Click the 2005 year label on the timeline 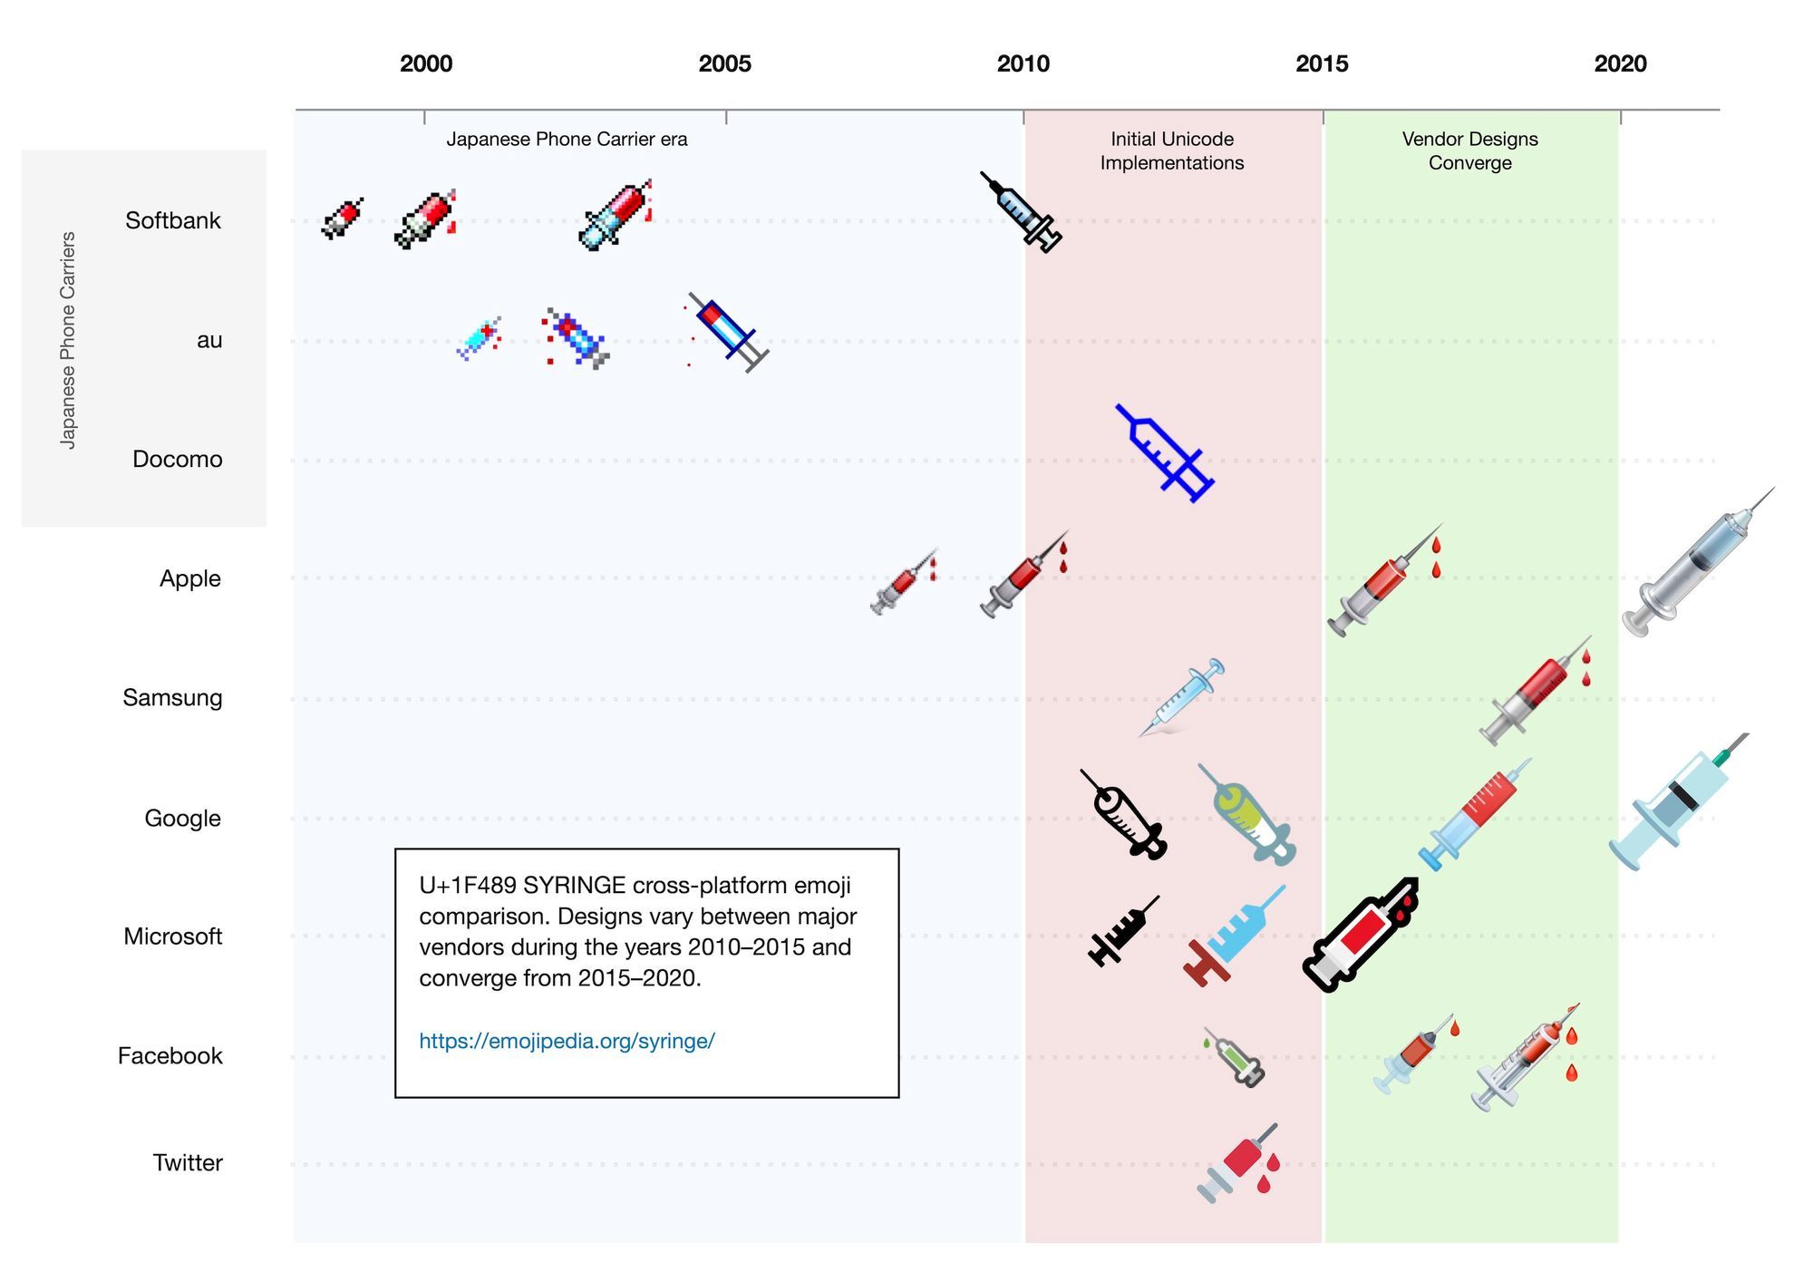(x=724, y=63)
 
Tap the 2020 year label (x=1620, y=63)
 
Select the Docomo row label (x=177, y=459)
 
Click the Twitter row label (x=187, y=1162)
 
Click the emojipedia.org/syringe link (x=567, y=1041)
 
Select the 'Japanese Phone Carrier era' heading (x=567, y=139)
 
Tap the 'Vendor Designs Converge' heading (x=1469, y=150)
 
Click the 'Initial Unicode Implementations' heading (x=1171, y=150)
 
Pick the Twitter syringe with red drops (x=1238, y=1164)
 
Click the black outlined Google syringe (x=1124, y=815)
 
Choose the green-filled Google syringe (x=1247, y=814)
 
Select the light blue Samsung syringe (x=1182, y=697)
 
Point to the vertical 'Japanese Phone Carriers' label (x=68, y=339)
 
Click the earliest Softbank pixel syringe (x=342, y=218)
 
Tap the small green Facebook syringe (x=1234, y=1057)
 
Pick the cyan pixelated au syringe (x=479, y=339)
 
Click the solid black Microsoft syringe (x=1122, y=931)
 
